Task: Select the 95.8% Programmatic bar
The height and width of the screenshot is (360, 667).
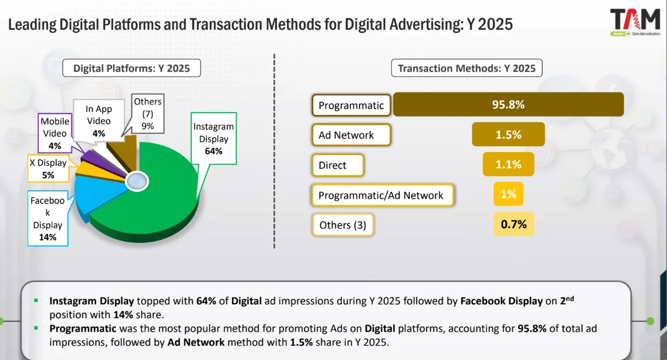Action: tap(508, 105)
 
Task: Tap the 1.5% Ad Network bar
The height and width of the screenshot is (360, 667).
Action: tap(508, 135)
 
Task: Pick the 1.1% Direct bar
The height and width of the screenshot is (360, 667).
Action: tap(508, 165)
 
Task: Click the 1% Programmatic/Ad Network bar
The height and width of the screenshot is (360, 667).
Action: tap(508, 195)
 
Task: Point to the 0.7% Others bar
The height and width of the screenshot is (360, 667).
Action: tap(514, 224)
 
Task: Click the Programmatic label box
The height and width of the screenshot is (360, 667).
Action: tap(351, 106)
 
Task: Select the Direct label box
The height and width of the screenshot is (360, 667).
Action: tap(338, 165)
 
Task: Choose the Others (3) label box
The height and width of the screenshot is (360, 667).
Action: tap(342, 225)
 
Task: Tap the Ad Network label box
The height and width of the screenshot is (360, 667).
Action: tap(351, 136)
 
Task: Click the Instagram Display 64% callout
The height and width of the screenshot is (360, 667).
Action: tap(214, 139)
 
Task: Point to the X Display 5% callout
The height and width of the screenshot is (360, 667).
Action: tap(48, 169)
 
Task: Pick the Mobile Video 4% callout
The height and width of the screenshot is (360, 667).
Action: tap(55, 133)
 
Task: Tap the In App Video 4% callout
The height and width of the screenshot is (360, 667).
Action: tap(99, 121)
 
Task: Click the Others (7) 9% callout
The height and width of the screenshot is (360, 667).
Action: tap(148, 114)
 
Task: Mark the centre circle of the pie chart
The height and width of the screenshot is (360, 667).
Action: tap(137, 181)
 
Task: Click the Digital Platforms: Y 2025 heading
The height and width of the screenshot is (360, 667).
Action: tap(132, 68)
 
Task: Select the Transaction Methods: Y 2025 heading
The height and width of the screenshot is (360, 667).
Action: tap(466, 68)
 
